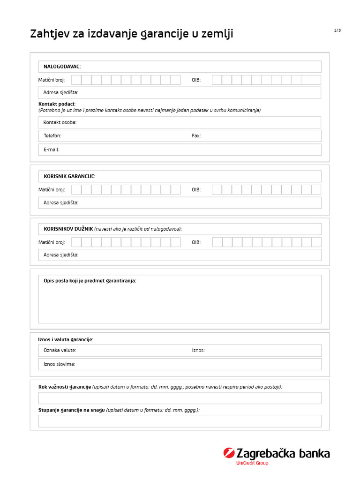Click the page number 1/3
pos(337,30)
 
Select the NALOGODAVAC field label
pos(62,67)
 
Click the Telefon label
pos(52,136)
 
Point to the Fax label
pos(196,136)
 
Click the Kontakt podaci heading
pos(57,104)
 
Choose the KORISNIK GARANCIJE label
pos(69,176)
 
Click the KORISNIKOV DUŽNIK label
pos(68,229)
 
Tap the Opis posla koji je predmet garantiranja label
pos(90,281)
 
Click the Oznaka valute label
pos(60,350)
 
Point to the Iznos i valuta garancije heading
pos(66,339)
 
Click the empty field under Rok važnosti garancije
pos(180,398)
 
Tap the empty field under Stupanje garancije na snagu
pos(180,421)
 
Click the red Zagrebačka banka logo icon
pos(229,453)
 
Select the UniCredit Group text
pos(252,463)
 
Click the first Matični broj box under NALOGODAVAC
pos(76,80)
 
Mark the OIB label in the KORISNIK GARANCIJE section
pos(196,190)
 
